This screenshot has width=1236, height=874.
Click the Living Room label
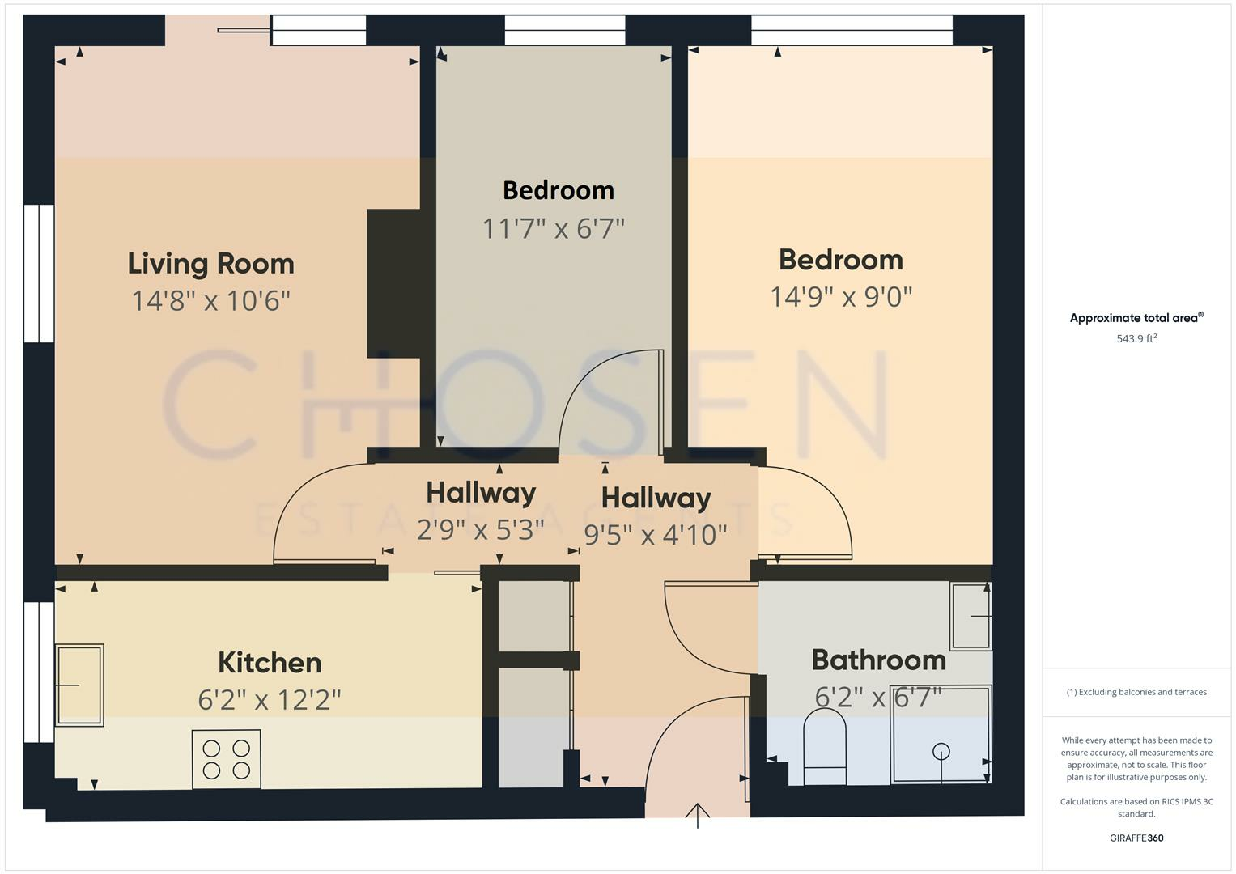click(210, 264)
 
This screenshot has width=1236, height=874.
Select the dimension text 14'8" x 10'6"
click(210, 301)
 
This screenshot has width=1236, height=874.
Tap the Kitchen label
click(270, 663)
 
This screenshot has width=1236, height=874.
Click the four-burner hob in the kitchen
click(227, 759)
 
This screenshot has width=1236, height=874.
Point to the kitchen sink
click(79, 685)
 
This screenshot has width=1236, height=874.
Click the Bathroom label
click(878, 660)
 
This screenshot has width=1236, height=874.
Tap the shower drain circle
click(941, 752)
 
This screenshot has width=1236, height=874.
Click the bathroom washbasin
click(971, 616)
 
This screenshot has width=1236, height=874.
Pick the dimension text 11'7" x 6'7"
click(554, 229)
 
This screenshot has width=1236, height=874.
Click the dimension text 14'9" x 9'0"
click(841, 297)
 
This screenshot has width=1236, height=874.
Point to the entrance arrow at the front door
click(698, 815)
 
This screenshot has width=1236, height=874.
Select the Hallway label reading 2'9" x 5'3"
click(481, 493)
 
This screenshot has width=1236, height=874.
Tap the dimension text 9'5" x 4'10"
click(656, 535)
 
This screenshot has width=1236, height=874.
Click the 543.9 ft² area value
click(1136, 338)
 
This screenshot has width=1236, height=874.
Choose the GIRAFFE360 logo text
click(1136, 838)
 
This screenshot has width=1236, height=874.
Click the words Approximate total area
click(1133, 318)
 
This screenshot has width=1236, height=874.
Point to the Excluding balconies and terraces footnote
click(1136, 692)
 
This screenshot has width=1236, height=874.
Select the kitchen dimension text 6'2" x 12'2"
click(270, 699)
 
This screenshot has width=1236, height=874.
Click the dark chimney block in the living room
click(393, 283)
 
